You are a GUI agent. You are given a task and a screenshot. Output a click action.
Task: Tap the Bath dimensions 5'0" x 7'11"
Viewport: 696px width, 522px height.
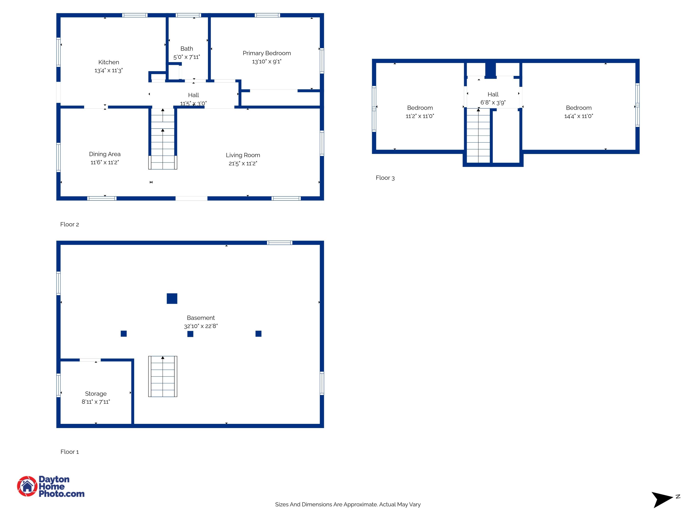187,57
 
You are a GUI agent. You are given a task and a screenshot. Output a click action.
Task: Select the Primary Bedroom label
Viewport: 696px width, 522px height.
267,53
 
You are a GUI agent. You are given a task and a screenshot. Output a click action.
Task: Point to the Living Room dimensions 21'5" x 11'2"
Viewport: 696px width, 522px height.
243,163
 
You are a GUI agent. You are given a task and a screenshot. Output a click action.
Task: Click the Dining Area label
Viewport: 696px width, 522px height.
105,154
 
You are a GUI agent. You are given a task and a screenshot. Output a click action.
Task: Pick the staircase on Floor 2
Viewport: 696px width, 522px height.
163,139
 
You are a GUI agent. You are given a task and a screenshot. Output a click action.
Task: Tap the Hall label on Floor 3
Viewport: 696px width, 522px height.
493,94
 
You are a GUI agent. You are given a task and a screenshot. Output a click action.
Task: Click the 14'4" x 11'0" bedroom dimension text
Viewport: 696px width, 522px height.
578,116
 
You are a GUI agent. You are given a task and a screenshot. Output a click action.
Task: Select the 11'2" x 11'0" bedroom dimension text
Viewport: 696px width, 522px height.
420,116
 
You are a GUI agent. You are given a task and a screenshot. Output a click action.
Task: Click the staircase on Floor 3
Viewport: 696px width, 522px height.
478,135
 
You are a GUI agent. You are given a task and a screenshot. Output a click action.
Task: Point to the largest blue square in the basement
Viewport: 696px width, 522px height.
172,298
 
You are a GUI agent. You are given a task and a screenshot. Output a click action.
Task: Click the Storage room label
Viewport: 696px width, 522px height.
96,394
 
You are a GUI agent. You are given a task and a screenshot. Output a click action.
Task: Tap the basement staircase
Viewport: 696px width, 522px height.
163,376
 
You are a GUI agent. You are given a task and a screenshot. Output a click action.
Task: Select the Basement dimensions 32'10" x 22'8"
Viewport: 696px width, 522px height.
201,326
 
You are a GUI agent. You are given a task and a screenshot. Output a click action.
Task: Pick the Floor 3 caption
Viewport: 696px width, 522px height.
385,178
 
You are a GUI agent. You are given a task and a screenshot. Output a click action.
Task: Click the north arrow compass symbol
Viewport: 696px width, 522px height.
662,499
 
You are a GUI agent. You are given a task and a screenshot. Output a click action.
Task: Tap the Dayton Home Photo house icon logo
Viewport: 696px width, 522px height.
27,486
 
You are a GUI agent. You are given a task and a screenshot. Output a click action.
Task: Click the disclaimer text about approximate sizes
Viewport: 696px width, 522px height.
348,504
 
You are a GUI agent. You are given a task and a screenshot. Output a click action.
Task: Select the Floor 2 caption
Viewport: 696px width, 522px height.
70,224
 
